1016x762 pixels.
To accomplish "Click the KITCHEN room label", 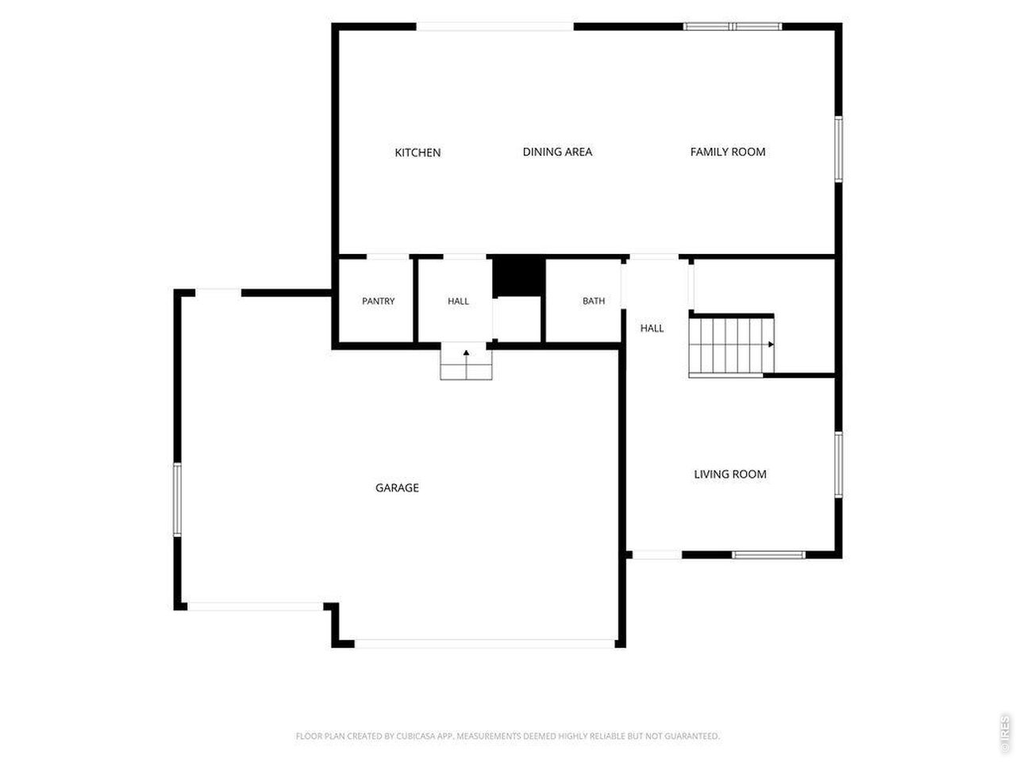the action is tap(417, 152).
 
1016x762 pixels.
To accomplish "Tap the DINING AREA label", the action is tap(557, 152).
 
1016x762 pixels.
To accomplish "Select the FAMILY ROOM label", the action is tap(727, 152).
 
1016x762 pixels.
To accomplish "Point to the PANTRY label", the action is tap(378, 301).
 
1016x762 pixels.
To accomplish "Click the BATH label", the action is tap(594, 301).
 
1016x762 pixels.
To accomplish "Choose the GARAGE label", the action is tap(397, 487).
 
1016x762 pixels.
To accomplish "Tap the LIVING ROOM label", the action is tap(729, 474).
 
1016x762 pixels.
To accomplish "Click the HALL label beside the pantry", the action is tap(458, 301).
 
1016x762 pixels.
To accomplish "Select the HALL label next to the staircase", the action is tap(651, 329).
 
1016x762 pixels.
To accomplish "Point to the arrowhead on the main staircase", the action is tap(771, 344).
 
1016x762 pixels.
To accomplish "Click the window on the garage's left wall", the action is tap(177, 500).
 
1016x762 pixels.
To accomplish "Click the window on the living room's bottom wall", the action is tap(768, 555).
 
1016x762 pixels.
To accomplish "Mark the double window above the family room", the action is tap(733, 26).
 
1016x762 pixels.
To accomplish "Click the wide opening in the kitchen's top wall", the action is tap(495, 26).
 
